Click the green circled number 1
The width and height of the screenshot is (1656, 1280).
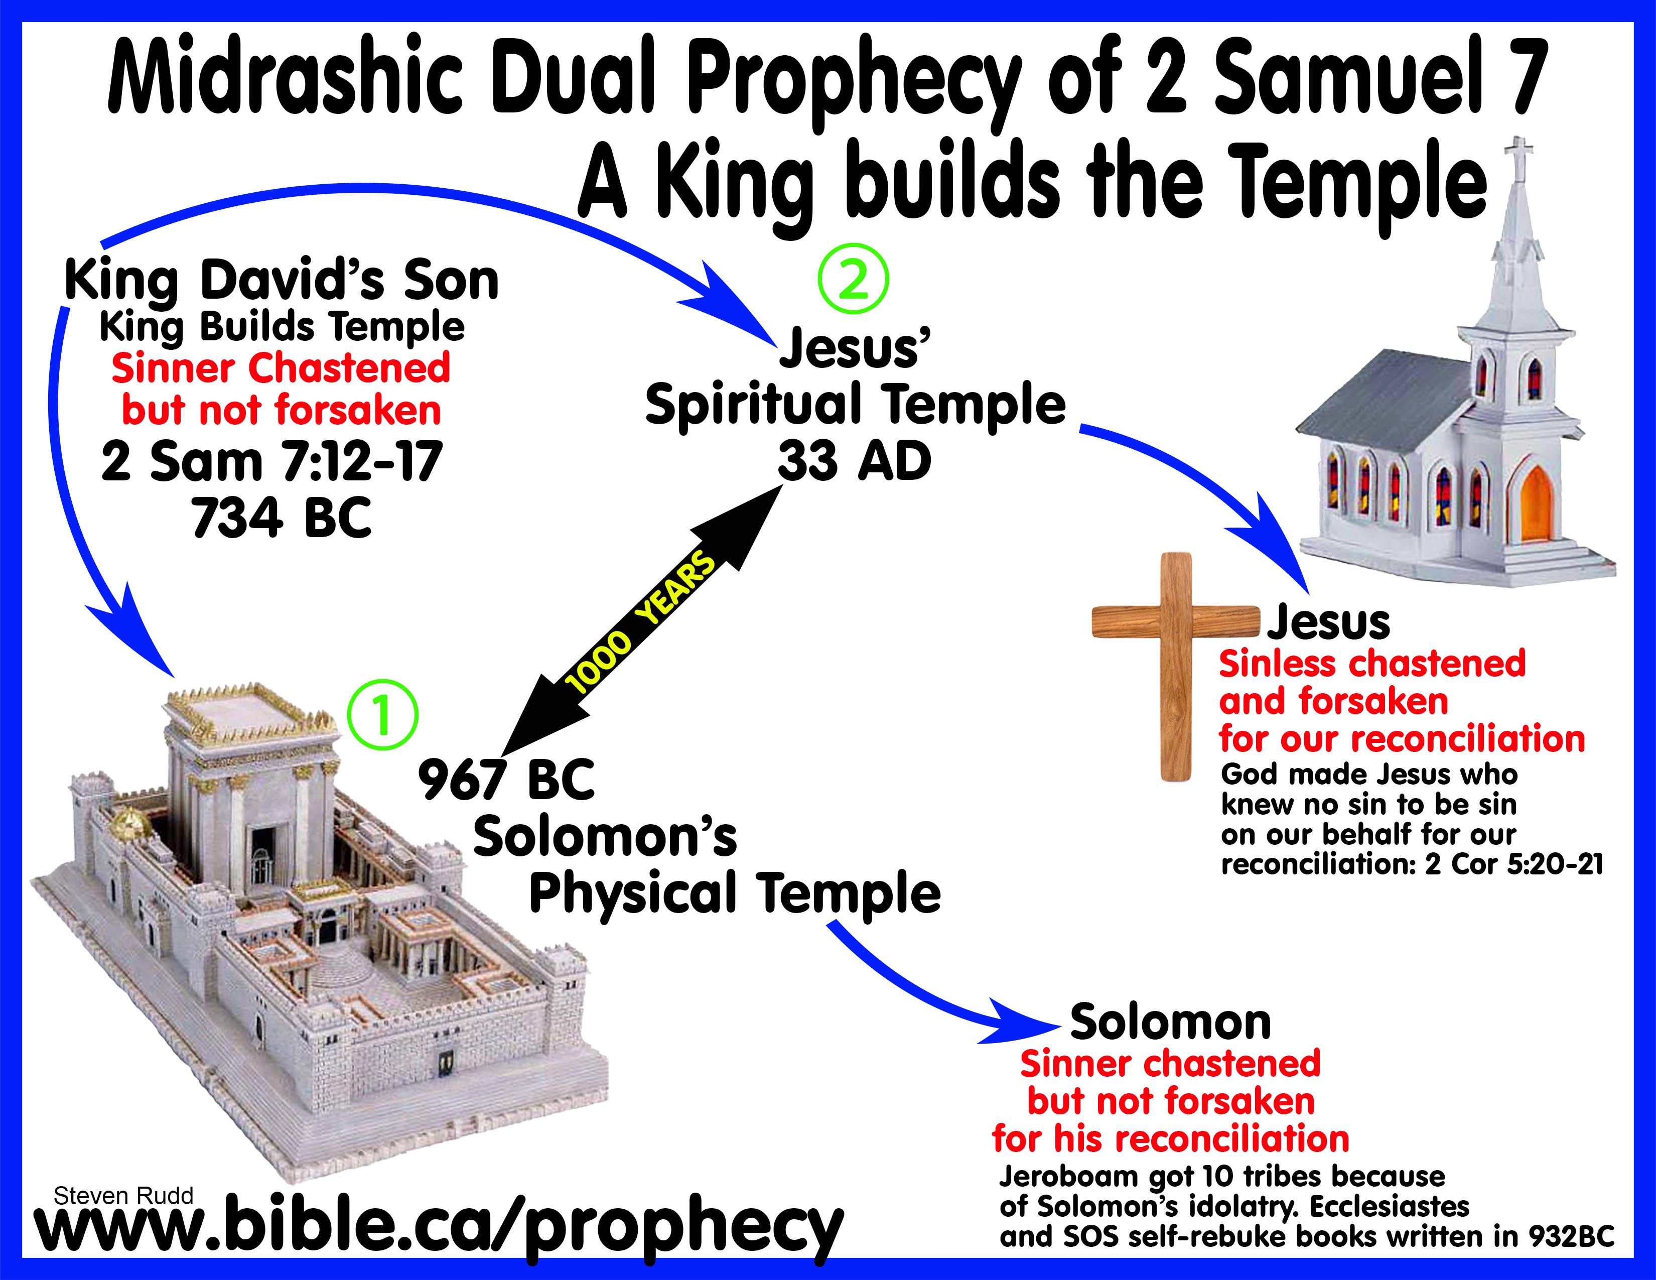[x=382, y=715]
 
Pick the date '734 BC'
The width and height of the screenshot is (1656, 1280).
[x=282, y=518]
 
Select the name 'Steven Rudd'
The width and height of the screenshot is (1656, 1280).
[x=123, y=1196]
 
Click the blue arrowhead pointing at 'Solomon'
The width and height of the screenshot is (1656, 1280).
[x=1027, y=1023]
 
